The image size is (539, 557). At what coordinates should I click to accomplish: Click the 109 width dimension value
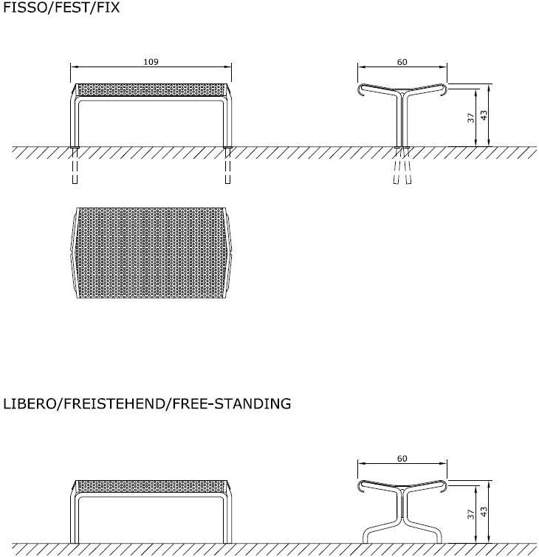click(151, 63)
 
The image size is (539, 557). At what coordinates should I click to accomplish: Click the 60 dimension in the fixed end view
click(402, 63)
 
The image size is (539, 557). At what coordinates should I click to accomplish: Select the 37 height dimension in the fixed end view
click(471, 117)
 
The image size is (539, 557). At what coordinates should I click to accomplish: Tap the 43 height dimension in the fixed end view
click(484, 117)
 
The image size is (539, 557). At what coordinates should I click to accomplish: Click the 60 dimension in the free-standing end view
click(402, 459)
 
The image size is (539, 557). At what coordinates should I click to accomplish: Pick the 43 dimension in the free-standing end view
click(484, 511)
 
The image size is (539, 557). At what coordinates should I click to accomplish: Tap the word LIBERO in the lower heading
click(29, 403)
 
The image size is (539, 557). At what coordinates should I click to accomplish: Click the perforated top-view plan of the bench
click(151, 253)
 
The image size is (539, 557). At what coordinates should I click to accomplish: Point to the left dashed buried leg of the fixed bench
click(75, 168)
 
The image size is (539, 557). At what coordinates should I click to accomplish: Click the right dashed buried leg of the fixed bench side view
click(227, 168)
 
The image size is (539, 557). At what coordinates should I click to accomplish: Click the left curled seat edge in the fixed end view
click(360, 89)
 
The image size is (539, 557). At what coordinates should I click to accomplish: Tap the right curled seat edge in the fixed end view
click(444, 89)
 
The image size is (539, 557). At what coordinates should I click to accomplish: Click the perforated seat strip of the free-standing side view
click(151, 486)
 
